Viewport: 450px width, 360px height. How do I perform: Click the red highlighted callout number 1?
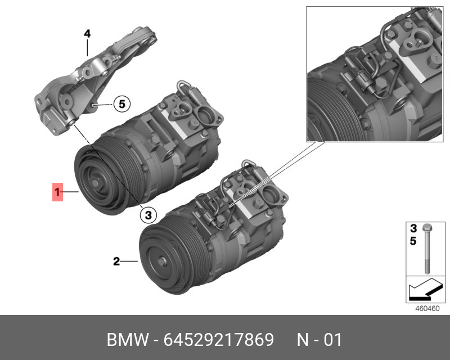[57, 192]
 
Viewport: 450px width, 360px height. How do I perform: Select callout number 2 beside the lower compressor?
[116, 261]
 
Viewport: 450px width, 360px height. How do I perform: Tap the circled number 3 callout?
[147, 214]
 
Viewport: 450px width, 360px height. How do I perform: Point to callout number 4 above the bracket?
[87, 34]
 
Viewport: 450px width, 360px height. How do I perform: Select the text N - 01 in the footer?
[319, 340]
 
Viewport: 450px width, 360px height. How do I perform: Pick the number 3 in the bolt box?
[412, 228]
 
